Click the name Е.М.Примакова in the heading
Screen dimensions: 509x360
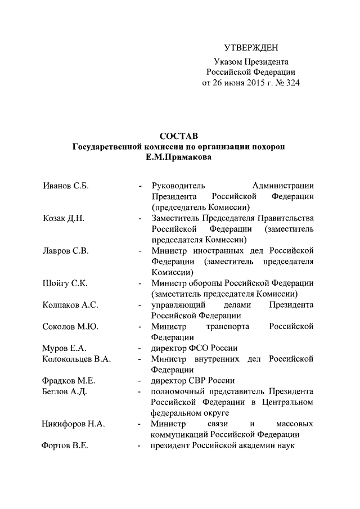coord(179,158)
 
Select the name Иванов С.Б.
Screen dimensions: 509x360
coord(66,186)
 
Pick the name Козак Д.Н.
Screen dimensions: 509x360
coord(64,218)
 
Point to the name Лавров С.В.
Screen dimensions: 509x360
coord(66,251)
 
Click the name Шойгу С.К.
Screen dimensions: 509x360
coord(65,283)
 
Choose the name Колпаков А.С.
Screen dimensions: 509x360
coord(70,305)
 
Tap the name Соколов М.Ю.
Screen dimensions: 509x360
coord(70,327)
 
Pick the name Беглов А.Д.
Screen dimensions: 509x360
coord(65,391)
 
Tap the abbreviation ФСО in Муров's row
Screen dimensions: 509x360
coord(202,349)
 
